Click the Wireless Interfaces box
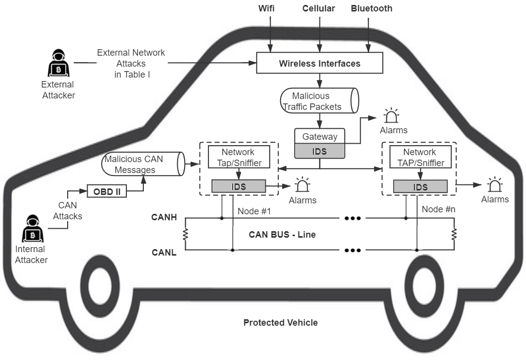(x=319, y=63)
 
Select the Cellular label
(x=318, y=8)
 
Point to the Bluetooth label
(x=371, y=8)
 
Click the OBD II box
(x=107, y=191)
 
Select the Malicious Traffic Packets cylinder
(x=319, y=101)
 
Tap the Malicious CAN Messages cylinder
(x=141, y=164)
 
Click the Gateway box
(x=319, y=136)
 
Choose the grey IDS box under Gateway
(x=319, y=151)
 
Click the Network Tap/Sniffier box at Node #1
(x=238, y=157)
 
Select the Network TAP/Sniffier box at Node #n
(x=420, y=157)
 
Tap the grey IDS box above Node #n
(x=420, y=187)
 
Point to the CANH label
(x=165, y=217)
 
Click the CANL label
(x=165, y=253)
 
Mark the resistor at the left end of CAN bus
(x=185, y=234)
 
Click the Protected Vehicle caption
(x=280, y=323)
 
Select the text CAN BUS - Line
(x=282, y=234)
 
